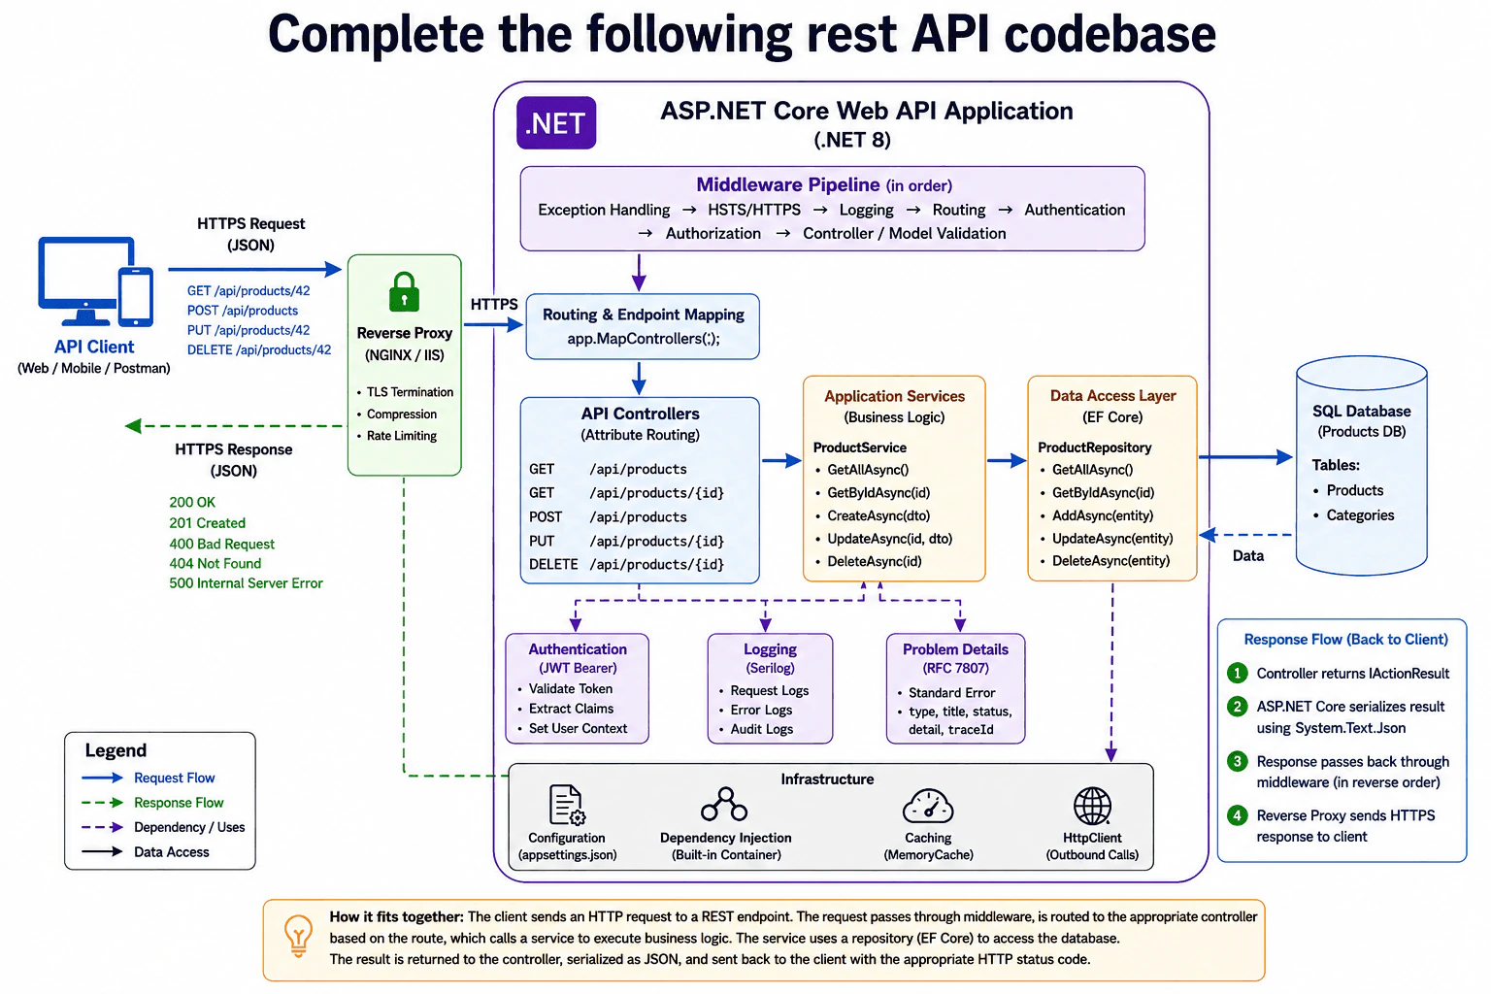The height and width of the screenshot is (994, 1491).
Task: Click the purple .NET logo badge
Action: [556, 122]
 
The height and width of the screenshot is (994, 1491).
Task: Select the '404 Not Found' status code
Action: [215, 563]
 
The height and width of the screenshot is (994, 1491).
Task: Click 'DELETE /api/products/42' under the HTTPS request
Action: [259, 349]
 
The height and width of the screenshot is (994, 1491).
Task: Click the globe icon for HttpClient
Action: [1092, 806]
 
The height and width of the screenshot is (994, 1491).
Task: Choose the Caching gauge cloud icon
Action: [928, 806]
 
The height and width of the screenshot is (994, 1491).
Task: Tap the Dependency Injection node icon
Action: [724, 805]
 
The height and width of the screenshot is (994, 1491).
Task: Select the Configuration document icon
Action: [567, 805]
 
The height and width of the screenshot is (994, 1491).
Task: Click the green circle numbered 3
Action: [1238, 761]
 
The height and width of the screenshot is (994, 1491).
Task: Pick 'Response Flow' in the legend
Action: [179, 802]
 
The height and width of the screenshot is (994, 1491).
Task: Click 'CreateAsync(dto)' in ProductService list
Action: [878, 515]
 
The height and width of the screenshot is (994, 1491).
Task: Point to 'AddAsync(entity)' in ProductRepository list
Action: [1103, 515]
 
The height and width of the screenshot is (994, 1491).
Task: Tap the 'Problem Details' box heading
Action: [955, 649]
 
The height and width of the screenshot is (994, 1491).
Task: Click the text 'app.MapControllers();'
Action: [643, 338]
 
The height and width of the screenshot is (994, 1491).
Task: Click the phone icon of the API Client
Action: [136, 296]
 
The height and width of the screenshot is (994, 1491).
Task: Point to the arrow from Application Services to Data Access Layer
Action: [1006, 460]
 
